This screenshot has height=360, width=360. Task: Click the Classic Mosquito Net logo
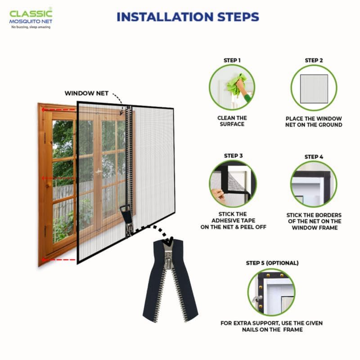pos(31,19)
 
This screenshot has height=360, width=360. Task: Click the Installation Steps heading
pos(188,17)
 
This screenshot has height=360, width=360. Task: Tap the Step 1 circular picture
pos(232,87)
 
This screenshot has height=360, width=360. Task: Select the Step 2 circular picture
pos(314,87)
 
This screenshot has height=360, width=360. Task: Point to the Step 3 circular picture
pos(232,183)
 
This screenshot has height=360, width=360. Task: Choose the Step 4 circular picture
pos(314,184)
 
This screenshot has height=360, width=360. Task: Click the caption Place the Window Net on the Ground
pos(314,121)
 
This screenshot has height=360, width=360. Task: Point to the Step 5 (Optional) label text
pos(272,263)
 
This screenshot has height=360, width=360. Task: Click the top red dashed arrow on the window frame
pos(56,109)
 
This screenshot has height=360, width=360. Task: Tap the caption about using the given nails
pos(271,326)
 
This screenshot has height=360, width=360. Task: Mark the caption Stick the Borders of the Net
pos(314,221)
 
